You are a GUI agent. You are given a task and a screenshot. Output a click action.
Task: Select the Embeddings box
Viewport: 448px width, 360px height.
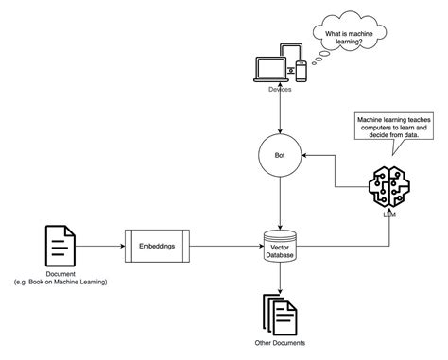click(x=157, y=247)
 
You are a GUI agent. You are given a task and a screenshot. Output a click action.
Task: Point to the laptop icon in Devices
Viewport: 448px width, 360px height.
click(x=269, y=69)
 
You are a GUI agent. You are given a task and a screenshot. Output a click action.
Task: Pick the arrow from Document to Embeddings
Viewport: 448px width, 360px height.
click(x=100, y=247)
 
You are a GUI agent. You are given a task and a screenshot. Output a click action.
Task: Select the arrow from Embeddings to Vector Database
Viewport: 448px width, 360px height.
click(x=225, y=247)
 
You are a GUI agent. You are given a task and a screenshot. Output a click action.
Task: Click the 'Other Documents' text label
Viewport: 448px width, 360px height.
click(x=280, y=343)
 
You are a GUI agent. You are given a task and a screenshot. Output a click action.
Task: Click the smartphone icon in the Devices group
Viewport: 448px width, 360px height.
click(x=302, y=70)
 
